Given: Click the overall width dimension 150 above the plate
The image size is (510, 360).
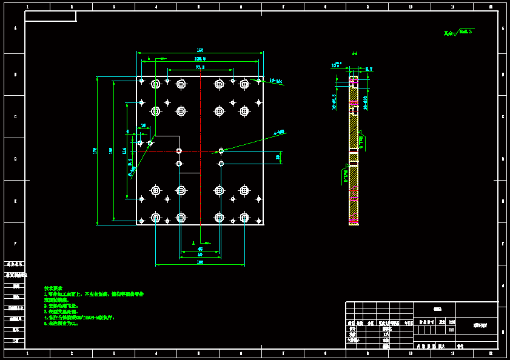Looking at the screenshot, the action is [200, 50].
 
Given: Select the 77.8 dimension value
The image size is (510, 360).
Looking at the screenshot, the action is [200, 67].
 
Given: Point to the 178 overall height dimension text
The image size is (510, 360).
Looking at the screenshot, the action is [95, 150].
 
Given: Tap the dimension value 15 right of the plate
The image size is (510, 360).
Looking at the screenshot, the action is [278, 158].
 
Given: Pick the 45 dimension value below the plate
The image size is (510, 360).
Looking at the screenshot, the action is [200, 249].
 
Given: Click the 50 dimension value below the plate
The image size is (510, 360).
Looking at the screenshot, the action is [200, 255].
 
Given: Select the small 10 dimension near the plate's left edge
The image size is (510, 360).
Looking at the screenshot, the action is [143, 125].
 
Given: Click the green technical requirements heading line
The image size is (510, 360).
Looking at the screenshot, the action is [53, 288].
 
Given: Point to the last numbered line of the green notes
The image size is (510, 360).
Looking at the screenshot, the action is [61, 324].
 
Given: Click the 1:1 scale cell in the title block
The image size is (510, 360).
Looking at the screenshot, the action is [451, 330].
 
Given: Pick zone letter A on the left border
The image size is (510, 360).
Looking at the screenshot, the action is [15, 29].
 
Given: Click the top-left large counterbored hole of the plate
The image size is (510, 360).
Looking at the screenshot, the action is [156, 84].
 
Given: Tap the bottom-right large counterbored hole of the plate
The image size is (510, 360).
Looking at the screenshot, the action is [244, 217].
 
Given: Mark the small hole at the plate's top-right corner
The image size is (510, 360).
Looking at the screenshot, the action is [258, 81].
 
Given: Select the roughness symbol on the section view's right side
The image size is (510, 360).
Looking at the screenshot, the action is [361, 141].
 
